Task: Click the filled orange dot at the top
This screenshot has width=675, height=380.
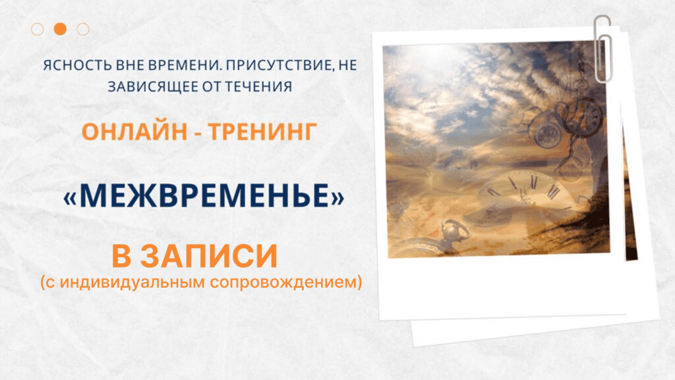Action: pos(60,29)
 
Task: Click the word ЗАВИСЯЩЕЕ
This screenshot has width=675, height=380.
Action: pos(138,86)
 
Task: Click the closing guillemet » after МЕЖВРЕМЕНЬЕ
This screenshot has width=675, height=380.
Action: pos(336,196)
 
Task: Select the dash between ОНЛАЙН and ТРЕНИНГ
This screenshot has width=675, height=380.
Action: pos(194,132)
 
